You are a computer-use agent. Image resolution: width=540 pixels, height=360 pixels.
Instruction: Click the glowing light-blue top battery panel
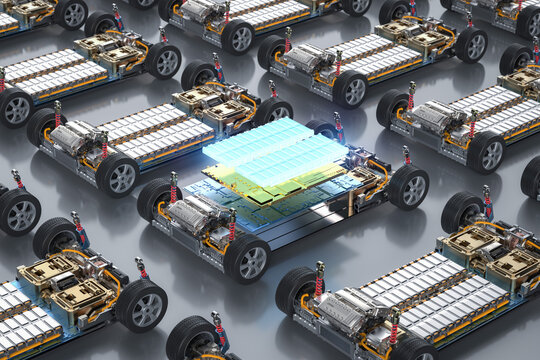(272, 150)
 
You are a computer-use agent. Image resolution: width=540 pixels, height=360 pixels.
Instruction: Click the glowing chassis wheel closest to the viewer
(246, 258)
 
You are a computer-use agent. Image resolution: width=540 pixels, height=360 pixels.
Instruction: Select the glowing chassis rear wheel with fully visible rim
(408, 187)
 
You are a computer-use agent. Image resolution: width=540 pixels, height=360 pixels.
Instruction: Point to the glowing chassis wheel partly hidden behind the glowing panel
(323, 129)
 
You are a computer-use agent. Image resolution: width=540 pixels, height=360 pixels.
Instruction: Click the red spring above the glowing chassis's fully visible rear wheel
(406, 157)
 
